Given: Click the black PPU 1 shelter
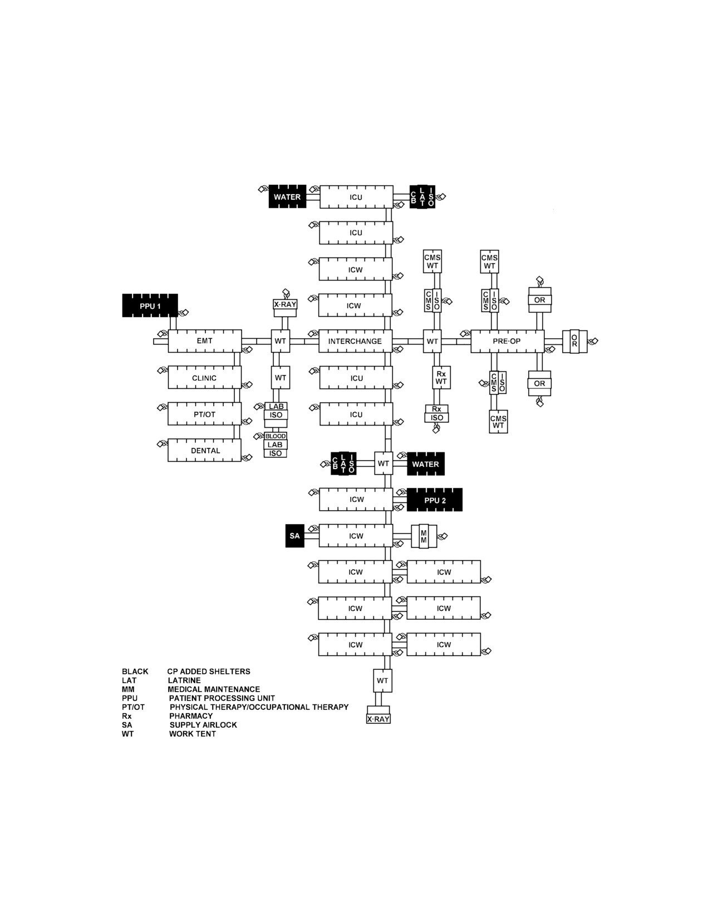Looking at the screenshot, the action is [x=150, y=305].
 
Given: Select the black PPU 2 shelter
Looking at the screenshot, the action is [x=435, y=500].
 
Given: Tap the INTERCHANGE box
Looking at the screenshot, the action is [x=355, y=341].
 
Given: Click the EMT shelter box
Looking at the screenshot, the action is [x=205, y=341].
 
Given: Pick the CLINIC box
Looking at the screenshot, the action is [x=205, y=377].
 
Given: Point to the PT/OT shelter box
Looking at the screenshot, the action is [x=205, y=413].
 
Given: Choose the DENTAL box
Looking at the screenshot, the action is [x=205, y=450].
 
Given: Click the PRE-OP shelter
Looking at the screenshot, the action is [x=507, y=341].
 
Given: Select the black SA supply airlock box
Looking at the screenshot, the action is [x=294, y=536].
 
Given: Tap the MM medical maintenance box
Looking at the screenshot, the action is [x=424, y=536].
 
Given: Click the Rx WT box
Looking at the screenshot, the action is [x=441, y=377].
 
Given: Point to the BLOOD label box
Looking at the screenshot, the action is [x=276, y=436].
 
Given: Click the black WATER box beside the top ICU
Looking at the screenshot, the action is [x=287, y=196].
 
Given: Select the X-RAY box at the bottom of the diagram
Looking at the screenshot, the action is [x=378, y=719].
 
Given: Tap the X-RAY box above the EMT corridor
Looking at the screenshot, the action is [x=286, y=304].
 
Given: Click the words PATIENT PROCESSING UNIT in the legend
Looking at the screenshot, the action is [x=222, y=698].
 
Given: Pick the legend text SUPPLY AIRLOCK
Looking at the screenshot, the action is [x=203, y=724].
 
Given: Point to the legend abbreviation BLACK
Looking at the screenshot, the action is [x=135, y=672].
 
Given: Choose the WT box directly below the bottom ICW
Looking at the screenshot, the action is [x=382, y=680].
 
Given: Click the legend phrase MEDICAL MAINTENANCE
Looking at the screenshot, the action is [x=214, y=689].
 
